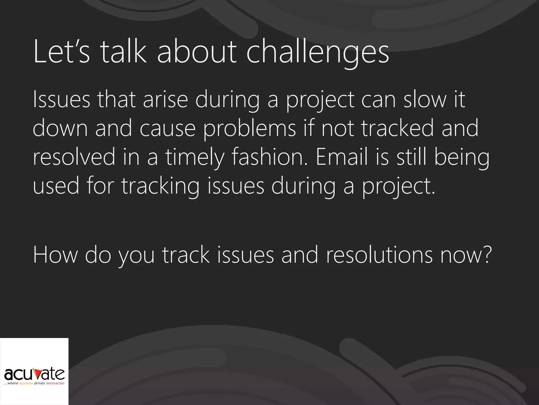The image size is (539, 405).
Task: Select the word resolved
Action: (x=74, y=157)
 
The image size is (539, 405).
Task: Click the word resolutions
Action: (x=379, y=255)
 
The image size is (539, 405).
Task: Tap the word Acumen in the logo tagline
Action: (x=26, y=383)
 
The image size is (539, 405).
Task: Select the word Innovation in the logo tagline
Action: (x=55, y=383)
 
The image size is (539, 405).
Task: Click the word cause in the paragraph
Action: (x=167, y=128)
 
